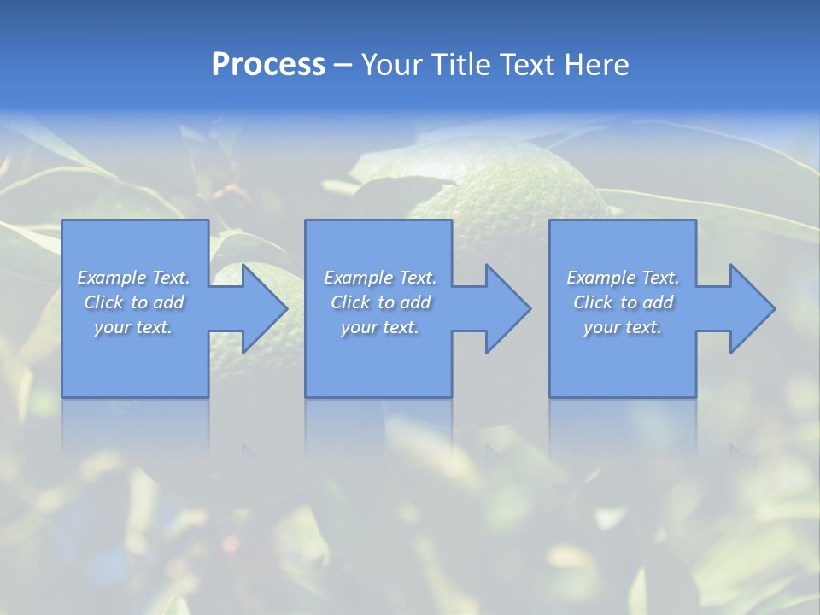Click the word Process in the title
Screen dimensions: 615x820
pos(268,65)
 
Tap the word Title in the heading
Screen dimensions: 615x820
pos(460,65)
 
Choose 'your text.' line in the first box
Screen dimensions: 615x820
pos(133,327)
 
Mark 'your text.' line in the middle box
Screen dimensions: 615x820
pos(379,327)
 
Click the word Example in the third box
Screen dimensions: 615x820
pos(600,278)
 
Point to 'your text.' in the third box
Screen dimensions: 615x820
pos(623,327)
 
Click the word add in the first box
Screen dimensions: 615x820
pos(169,302)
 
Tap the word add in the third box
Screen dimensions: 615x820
pos(659,302)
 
